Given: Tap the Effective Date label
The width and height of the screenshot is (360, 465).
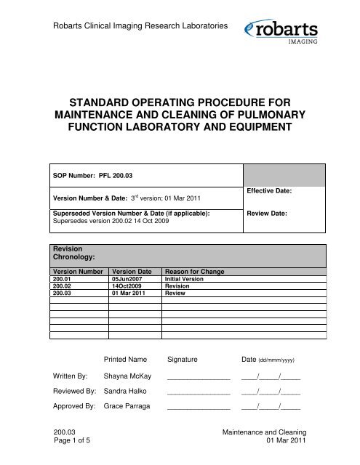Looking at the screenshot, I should click(269, 190).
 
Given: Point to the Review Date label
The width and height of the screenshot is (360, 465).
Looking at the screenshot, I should click(266, 214).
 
